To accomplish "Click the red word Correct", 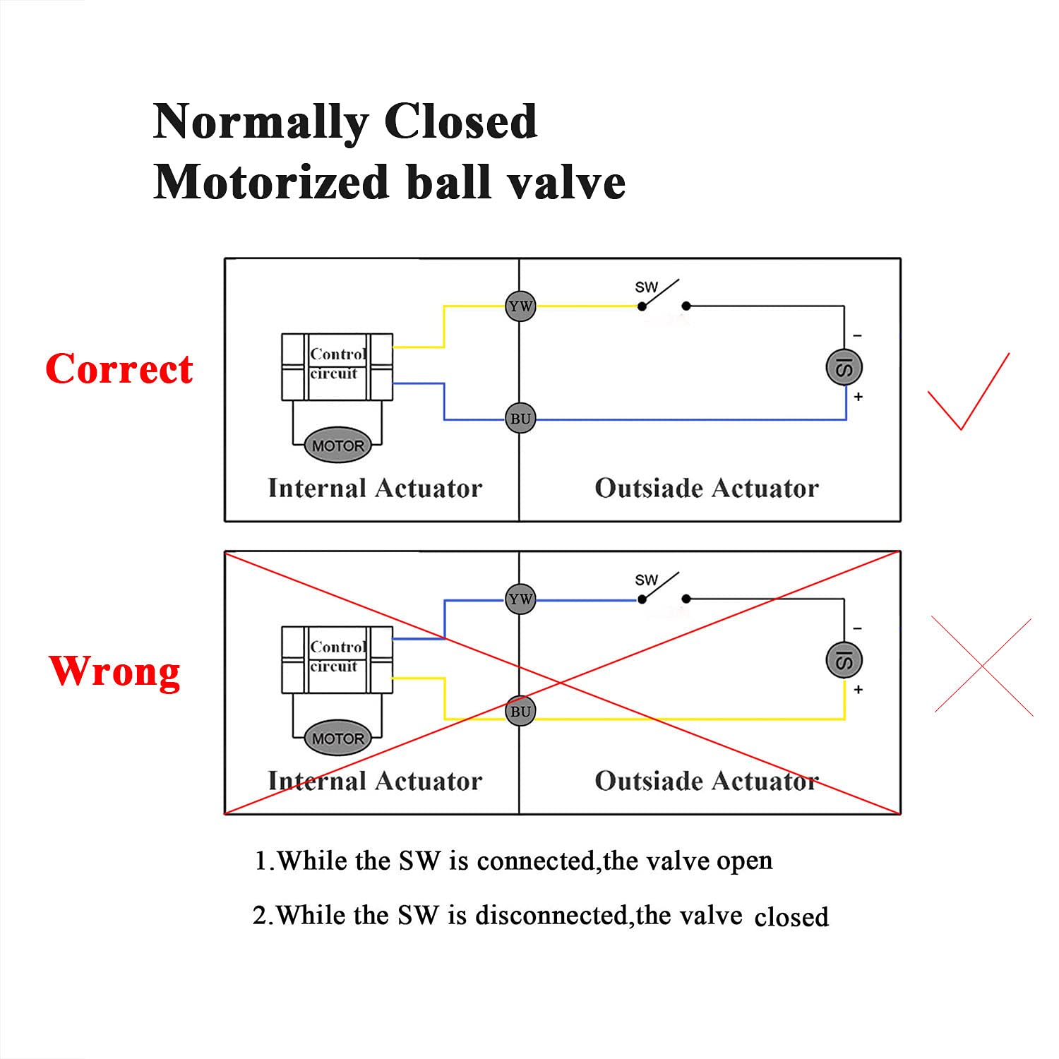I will [x=119, y=369].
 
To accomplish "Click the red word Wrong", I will [x=114, y=671].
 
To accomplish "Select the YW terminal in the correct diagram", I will [x=520, y=306].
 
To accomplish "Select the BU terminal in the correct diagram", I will [x=520, y=419].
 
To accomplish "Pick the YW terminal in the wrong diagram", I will [x=520, y=599].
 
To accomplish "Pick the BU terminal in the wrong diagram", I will [x=520, y=712].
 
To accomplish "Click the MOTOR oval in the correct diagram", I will [x=338, y=445].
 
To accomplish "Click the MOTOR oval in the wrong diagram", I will [x=338, y=738].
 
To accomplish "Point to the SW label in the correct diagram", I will [x=645, y=287].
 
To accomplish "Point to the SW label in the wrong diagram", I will [x=645, y=580].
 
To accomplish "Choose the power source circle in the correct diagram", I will [x=844, y=367].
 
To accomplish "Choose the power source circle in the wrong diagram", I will [x=844, y=660].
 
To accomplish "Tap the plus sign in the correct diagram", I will [x=858, y=397].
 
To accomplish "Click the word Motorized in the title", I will [x=271, y=182].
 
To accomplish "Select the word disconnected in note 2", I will [x=551, y=916].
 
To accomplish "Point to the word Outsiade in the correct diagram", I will [x=648, y=488].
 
